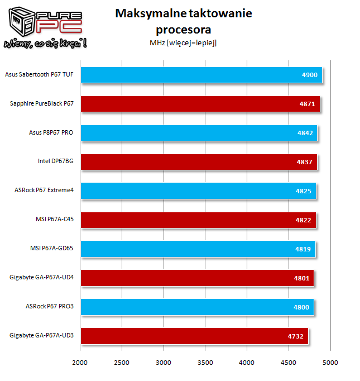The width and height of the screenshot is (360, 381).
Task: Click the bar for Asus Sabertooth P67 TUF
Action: click(201, 75)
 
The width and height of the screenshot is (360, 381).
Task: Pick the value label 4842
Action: click(307, 134)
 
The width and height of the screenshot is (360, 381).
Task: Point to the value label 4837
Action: click(307, 163)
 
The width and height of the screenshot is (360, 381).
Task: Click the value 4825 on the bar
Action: click(306, 192)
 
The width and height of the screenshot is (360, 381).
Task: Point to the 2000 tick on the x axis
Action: click(80, 363)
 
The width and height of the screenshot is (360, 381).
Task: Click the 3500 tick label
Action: click(205, 363)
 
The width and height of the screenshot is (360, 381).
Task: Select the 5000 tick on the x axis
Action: click(330, 363)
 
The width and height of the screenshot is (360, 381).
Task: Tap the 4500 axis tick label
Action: click(289, 363)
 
